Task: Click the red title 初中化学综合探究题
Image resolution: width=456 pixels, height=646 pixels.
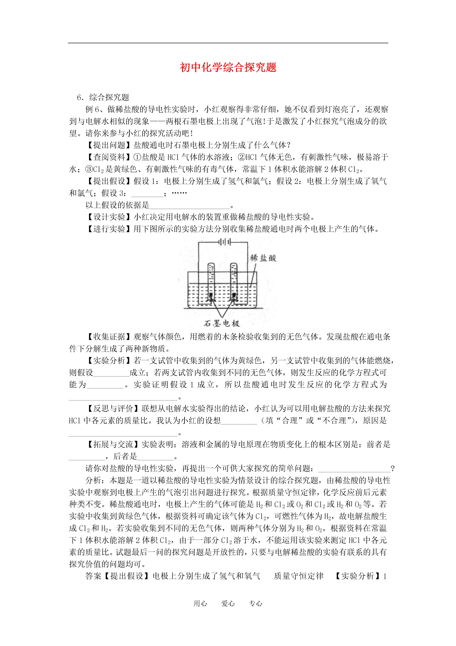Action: click(x=228, y=68)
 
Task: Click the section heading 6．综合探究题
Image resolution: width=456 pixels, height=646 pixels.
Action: click(x=103, y=97)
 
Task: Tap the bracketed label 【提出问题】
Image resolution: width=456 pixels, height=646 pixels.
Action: click(x=110, y=145)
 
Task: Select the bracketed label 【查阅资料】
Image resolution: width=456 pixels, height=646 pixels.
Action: click(x=110, y=157)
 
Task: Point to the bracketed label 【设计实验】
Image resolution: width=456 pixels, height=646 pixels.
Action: click(x=110, y=217)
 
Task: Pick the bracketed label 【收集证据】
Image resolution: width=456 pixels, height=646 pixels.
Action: click(x=110, y=336)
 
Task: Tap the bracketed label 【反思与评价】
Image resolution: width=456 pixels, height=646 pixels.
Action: click(x=113, y=408)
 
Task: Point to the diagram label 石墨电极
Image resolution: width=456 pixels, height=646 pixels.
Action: click(x=222, y=324)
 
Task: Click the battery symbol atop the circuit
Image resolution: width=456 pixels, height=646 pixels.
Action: click(x=225, y=242)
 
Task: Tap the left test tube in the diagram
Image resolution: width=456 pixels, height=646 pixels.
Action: click(x=211, y=281)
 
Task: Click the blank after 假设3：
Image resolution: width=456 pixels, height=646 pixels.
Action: click(x=147, y=194)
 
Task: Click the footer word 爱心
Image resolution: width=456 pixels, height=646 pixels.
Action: click(x=228, y=604)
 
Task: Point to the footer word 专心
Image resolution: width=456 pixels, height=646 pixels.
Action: click(x=255, y=604)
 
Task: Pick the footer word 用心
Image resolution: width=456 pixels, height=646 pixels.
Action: click(x=200, y=604)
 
